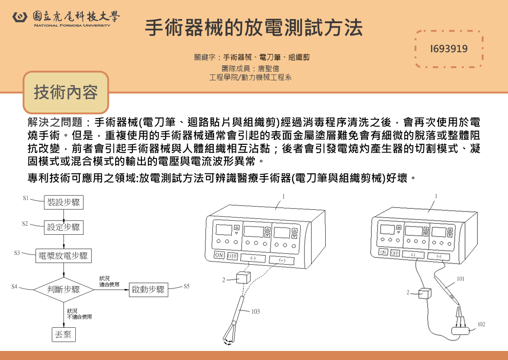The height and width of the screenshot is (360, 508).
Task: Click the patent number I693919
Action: [x=449, y=49]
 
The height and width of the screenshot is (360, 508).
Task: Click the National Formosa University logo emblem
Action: [x=20, y=17]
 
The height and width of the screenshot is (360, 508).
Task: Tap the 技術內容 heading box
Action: [x=66, y=93]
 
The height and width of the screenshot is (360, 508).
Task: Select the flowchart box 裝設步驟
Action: [x=63, y=202]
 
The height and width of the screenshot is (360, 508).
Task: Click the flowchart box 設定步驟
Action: [x=63, y=227]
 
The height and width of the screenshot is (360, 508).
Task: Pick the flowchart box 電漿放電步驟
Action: [x=63, y=256]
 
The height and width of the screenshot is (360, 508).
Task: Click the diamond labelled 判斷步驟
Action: [x=63, y=289]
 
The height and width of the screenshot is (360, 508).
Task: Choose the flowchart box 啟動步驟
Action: [x=148, y=289]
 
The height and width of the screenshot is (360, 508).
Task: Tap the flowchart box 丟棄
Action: [x=63, y=335]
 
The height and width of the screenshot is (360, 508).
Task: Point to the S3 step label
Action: [x=17, y=253]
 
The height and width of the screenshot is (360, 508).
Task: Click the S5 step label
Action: [x=186, y=286]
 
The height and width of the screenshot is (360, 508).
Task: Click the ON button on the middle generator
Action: [x=220, y=255]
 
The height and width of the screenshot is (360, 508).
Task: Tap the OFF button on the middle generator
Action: [x=233, y=256]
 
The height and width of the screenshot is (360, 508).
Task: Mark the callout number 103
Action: [x=256, y=312]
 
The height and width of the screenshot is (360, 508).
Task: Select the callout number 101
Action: [x=460, y=279]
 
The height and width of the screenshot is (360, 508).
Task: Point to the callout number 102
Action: [x=481, y=324]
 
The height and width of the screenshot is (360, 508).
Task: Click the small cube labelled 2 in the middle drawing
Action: [x=243, y=278]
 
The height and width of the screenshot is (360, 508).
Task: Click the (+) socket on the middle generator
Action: [x=282, y=261]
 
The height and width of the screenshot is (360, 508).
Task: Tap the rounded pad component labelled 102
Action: [x=460, y=331]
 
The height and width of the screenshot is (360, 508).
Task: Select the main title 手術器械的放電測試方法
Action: [x=254, y=28]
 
